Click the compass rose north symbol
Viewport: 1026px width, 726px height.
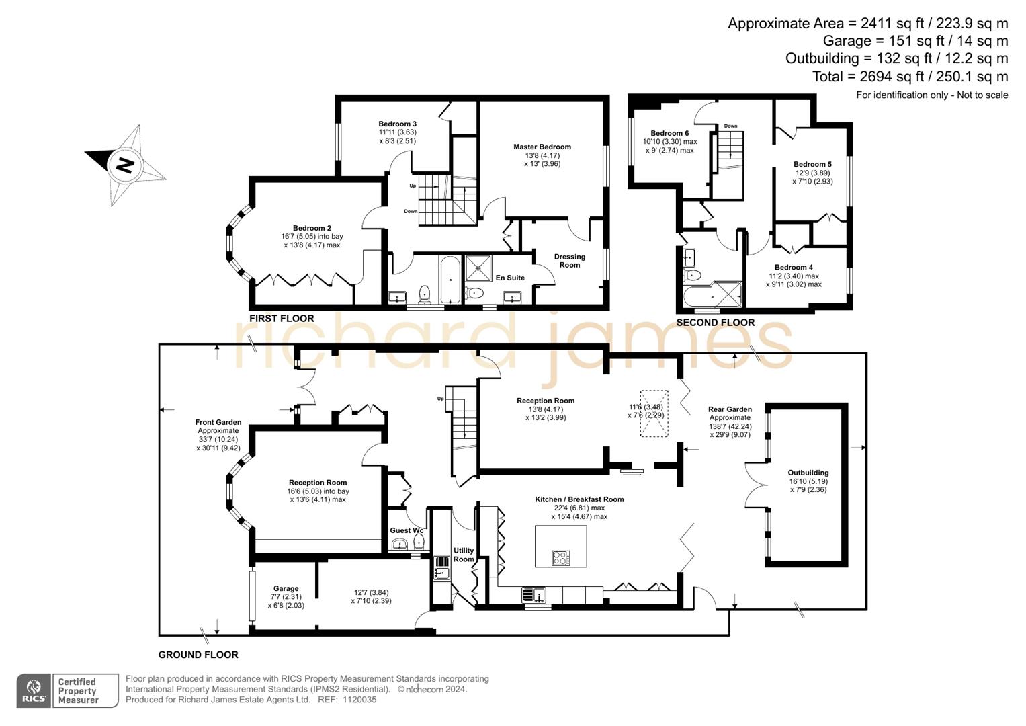[x=124, y=165]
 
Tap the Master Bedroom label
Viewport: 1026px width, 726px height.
[x=542, y=147]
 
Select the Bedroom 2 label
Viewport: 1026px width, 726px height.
[x=312, y=228]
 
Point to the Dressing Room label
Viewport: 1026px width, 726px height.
[x=569, y=261]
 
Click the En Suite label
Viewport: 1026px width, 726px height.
[x=510, y=278]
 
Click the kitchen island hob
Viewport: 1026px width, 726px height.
[x=560, y=557]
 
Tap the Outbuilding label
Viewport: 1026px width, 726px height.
[x=808, y=473]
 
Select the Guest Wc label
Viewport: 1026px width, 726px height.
[x=407, y=530]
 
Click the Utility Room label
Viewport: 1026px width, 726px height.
[x=463, y=555]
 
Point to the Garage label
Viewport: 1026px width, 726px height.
[x=286, y=588]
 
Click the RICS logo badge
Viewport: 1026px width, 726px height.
[x=34, y=690]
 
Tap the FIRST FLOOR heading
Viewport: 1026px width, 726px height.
[x=282, y=319]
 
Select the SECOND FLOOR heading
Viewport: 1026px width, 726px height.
[x=715, y=323]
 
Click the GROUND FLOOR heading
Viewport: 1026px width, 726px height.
[x=198, y=655]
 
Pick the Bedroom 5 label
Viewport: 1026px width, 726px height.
[x=812, y=164]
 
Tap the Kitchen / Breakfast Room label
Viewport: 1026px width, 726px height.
[x=579, y=499]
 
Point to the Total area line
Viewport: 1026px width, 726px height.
[x=910, y=77]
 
